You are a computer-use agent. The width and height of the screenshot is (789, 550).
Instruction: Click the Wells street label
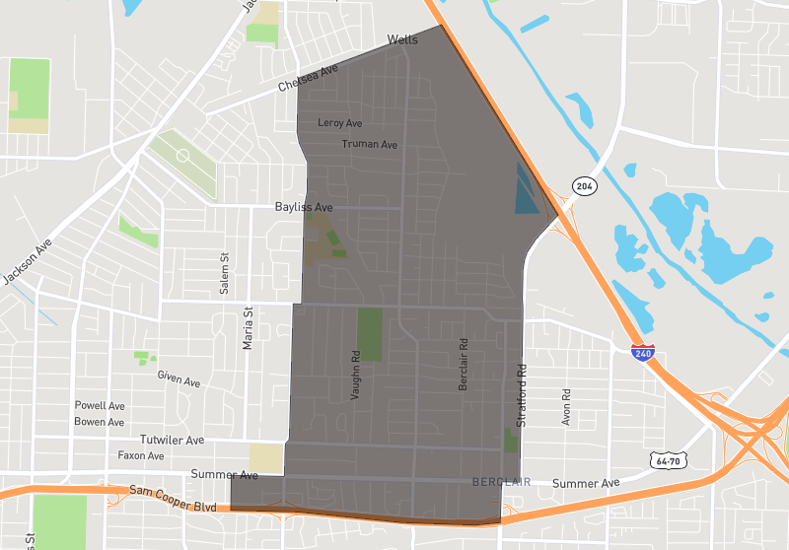(402, 39)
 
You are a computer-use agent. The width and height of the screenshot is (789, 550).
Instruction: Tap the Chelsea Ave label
(308, 79)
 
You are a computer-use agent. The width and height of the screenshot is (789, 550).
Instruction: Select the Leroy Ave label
(340, 123)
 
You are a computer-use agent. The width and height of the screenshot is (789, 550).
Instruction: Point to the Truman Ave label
(369, 144)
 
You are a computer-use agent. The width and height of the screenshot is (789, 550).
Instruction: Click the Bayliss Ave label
(303, 208)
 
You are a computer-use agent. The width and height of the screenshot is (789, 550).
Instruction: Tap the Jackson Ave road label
(27, 262)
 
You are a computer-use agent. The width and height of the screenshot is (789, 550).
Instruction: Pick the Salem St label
(224, 274)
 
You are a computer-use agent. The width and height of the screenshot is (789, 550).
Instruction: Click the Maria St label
(248, 328)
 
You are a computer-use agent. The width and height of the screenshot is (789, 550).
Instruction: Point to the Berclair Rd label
(463, 367)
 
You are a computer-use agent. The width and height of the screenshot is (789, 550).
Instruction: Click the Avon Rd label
(566, 405)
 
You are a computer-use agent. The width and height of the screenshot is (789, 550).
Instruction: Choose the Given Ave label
(179, 377)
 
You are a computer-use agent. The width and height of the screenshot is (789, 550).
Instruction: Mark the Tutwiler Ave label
(172, 440)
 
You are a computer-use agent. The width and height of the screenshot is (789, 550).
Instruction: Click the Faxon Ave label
(141, 455)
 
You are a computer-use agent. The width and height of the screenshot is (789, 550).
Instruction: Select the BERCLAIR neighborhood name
(502, 482)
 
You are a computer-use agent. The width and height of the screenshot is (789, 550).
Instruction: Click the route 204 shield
(584, 186)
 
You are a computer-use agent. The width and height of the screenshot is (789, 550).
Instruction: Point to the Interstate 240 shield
(642, 352)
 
